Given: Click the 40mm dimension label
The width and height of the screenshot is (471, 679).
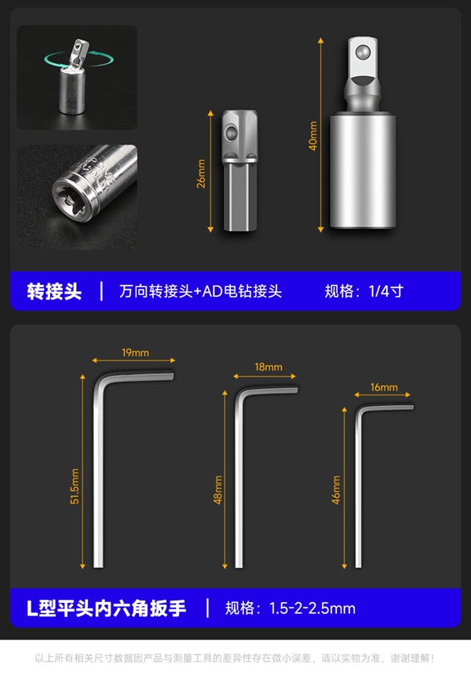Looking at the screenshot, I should (313, 135).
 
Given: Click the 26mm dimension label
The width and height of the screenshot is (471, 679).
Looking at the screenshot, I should (201, 173).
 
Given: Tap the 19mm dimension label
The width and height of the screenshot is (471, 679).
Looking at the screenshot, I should (135, 352).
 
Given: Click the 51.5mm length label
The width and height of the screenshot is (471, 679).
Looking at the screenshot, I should (75, 487).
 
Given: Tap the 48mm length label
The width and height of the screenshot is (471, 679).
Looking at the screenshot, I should (218, 491).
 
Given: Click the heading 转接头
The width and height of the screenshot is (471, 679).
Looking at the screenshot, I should (54, 291).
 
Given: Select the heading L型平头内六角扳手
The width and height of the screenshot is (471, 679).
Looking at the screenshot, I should (107, 608).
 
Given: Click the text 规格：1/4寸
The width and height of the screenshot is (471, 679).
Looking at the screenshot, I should (363, 291).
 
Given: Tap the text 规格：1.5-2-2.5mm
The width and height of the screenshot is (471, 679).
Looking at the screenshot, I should (290, 608).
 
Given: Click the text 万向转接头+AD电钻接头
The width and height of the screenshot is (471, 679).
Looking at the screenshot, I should (200, 291).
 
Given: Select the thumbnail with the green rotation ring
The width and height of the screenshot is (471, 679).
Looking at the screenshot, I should (77, 77).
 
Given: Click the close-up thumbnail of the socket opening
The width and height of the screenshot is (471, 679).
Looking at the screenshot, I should (77, 185).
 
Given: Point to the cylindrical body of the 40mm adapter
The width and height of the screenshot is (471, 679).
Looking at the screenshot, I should (360, 169).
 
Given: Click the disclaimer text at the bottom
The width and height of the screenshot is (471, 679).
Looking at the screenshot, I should (235, 659).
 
